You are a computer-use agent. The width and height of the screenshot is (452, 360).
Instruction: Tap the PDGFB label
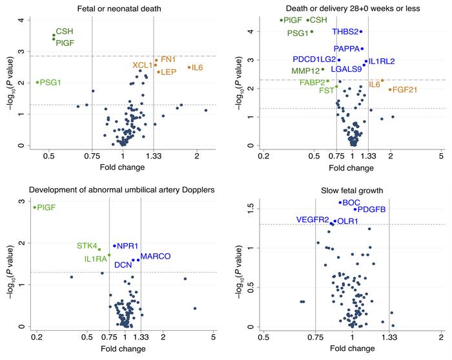click(374, 209)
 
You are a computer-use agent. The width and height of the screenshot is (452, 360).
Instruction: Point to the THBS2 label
click(345, 32)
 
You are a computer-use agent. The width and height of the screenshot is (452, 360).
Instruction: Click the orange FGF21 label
click(404, 90)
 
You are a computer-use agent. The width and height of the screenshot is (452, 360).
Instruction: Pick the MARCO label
click(156, 257)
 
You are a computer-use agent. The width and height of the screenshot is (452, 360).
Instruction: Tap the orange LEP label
click(168, 72)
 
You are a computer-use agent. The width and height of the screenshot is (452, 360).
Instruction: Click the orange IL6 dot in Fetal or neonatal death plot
click(189, 67)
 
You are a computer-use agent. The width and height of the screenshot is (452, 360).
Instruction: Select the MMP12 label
click(305, 70)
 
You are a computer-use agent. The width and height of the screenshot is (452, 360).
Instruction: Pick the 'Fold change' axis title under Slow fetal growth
click(353, 349)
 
